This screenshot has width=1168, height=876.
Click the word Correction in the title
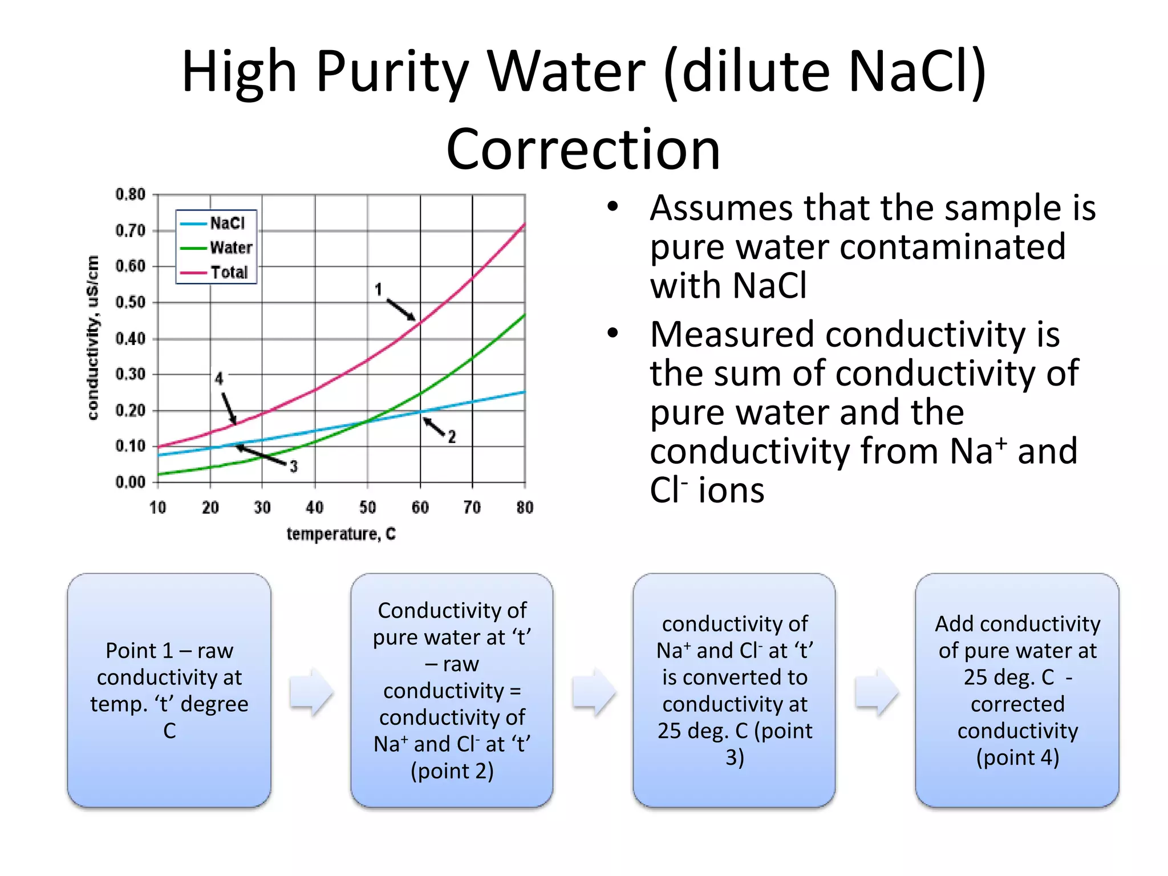coord(583,149)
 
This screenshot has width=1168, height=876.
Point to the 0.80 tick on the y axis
coord(130,194)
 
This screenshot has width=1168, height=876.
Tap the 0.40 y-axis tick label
coord(130,339)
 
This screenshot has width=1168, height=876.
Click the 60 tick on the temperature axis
coord(420,507)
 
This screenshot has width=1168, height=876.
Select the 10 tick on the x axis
coord(158,507)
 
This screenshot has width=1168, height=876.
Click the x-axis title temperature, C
coord(340,534)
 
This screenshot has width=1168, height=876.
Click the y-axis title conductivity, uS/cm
coord(93,338)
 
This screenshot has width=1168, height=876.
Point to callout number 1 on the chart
coord(378,290)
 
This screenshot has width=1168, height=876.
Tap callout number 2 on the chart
coord(452,437)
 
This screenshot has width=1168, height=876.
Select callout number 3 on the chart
coord(294,467)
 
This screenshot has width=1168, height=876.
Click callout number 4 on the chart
coord(219,378)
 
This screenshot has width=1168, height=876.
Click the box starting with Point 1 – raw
coord(169,690)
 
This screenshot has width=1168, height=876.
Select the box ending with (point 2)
coord(452,690)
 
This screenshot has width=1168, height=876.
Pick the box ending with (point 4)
coord(1017,690)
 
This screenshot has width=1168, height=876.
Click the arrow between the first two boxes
coord(311,691)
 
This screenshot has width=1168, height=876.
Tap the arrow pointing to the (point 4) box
coord(877,691)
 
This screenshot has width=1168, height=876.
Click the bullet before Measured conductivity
coord(613,334)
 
